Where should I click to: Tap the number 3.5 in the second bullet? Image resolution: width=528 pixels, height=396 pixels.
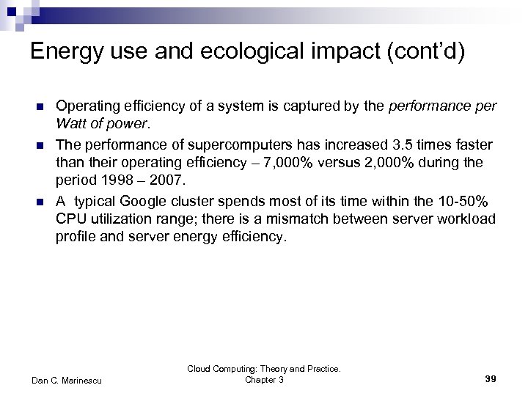click(381, 143)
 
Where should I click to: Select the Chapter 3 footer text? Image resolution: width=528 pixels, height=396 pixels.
click(264, 380)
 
